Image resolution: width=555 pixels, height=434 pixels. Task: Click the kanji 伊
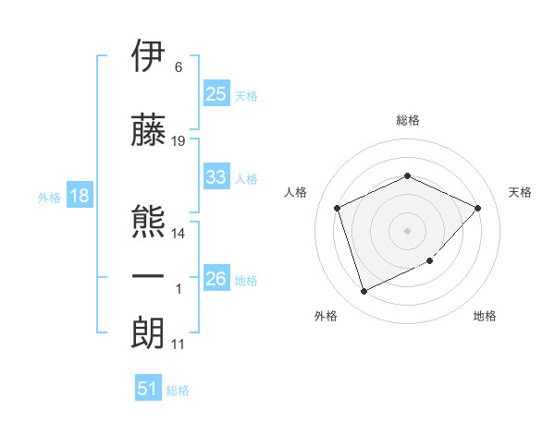pyautogui.click(x=148, y=57)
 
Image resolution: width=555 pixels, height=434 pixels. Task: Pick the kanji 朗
pyautogui.click(x=148, y=332)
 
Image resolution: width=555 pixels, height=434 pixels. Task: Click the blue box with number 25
pyautogui.click(x=216, y=94)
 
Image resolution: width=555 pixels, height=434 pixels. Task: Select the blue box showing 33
pyautogui.click(x=216, y=177)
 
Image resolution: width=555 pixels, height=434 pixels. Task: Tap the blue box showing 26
pyautogui.click(x=216, y=279)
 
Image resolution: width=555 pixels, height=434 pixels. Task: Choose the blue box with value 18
pyautogui.click(x=79, y=196)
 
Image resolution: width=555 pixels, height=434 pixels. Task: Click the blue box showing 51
pyautogui.click(x=148, y=389)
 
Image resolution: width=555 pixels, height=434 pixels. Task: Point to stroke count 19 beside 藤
pyautogui.click(x=179, y=141)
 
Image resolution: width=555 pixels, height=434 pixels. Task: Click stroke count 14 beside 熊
pyautogui.click(x=179, y=234)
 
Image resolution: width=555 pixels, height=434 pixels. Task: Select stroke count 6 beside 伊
pyautogui.click(x=178, y=67)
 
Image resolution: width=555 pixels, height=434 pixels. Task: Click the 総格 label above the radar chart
pyautogui.click(x=408, y=120)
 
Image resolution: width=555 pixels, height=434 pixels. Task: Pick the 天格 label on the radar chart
pyautogui.click(x=521, y=192)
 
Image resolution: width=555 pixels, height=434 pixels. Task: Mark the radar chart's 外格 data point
pyautogui.click(x=364, y=292)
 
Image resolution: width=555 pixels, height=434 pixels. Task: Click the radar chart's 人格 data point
pyautogui.click(x=338, y=208)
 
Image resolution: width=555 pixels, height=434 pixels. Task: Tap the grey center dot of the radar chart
pyautogui.click(x=408, y=230)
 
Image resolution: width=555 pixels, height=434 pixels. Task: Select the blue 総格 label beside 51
pyautogui.click(x=178, y=391)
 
